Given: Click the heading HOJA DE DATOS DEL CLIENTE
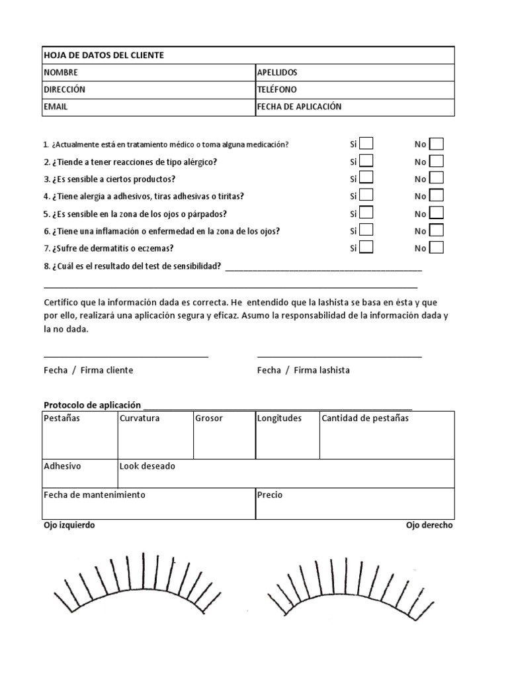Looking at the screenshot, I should pyautogui.click(x=104, y=55).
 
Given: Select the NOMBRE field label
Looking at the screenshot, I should pyautogui.click(x=61, y=72).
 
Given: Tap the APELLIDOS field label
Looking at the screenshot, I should pyautogui.click(x=277, y=72).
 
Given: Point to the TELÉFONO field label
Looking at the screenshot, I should pyautogui.click(x=276, y=89).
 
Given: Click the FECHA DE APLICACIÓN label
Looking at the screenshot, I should pyautogui.click(x=299, y=106).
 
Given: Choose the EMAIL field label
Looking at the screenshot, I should pyautogui.click(x=56, y=106).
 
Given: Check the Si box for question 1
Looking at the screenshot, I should pyautogui.click(x=366, y=144).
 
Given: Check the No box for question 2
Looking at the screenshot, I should pyautogui.click(x=437, y=161).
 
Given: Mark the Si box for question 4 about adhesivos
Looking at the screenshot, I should pyautogui.click(x=366, y=195).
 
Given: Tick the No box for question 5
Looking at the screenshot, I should pyautogui.click(x=437, y=213).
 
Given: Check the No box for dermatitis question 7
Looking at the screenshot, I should pyautogui.click(x=437, y=248).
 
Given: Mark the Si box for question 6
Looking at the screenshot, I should pyautogui.click(x=366, y=230).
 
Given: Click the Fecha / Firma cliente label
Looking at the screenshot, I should pyautogui.click(x=89, y=370).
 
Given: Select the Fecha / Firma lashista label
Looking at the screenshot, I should pyautogui.click(x=304, y=370).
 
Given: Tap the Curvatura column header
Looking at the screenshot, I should pyautogui.click(x=140, y=418).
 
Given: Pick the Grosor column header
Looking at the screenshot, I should pyautogui.click(x=209, y=418).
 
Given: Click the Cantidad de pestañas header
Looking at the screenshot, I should pyautogui.click(x=365, y=418).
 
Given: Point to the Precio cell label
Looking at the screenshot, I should pyautogui.click(x=270, y=495).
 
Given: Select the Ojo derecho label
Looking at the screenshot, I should pyautogui.click(x=430, y=525).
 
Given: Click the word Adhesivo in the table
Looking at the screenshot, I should pyautogui.click(x=62, y=466).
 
